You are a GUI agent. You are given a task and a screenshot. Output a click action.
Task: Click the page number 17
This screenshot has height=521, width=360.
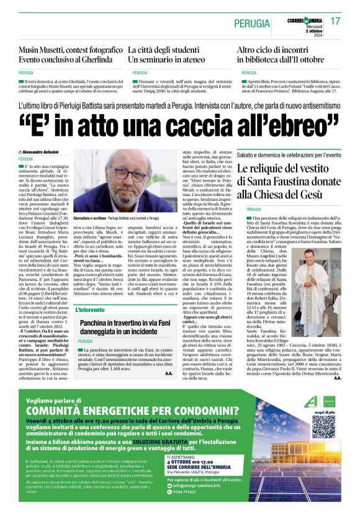[x=336, y=20]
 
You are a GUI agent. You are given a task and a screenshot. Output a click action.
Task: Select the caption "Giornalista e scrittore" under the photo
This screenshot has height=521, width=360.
[x=91, y=218]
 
